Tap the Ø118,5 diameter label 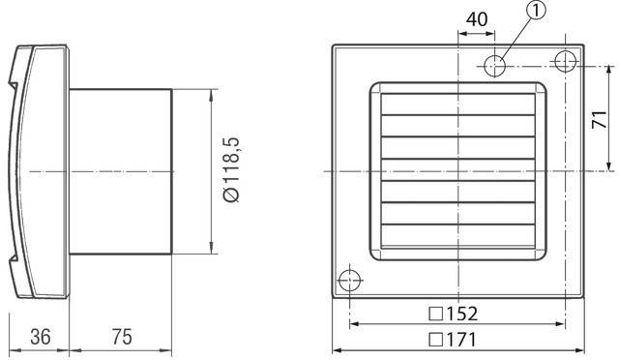pos(230,170)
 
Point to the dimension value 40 pos(477,18)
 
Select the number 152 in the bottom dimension pos(460,315)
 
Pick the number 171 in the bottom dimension pos(460,340)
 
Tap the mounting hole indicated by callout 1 pos(495,65)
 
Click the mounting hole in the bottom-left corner pos(348,279)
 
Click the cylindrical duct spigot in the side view pos(121,170)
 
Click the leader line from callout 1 pos(517,37)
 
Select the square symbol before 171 pos(435,340)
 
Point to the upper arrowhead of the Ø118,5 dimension pos(211,95)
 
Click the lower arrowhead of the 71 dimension pos(607,165)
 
